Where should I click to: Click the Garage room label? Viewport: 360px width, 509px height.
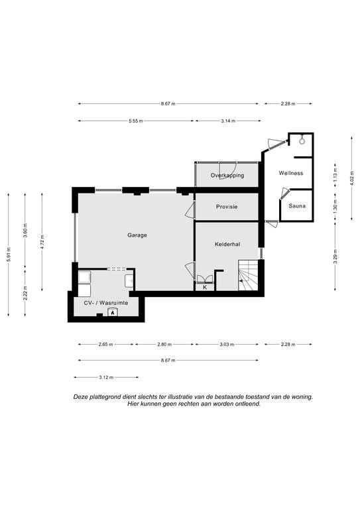[137, 235]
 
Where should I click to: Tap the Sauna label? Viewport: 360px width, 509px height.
[297, 206]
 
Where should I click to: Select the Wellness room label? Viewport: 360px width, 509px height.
[291, 173]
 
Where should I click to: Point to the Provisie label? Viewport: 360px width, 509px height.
[227, 207]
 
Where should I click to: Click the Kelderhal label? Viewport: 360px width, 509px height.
[227, 244]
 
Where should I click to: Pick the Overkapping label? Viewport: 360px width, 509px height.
[227, 175]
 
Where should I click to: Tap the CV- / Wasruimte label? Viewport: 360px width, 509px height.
[106, 303]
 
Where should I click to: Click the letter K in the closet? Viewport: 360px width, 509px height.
[205, 287]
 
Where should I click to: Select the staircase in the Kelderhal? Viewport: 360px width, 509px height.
[249, 275]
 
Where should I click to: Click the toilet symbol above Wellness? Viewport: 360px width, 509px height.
[302, 141]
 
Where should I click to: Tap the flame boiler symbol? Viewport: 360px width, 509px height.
[113, 313]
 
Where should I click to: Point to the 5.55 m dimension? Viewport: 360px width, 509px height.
[136, 121]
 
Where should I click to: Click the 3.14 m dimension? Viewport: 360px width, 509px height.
[228, 121]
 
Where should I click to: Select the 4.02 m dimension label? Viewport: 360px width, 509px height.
[352, 178]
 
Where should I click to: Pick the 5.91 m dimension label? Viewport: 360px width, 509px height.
[9, 254]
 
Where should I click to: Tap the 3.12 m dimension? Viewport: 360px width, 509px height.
[106, 378]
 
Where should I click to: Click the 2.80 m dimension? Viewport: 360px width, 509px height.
[164, 345]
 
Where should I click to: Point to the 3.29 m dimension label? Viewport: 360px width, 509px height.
[335, 256]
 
